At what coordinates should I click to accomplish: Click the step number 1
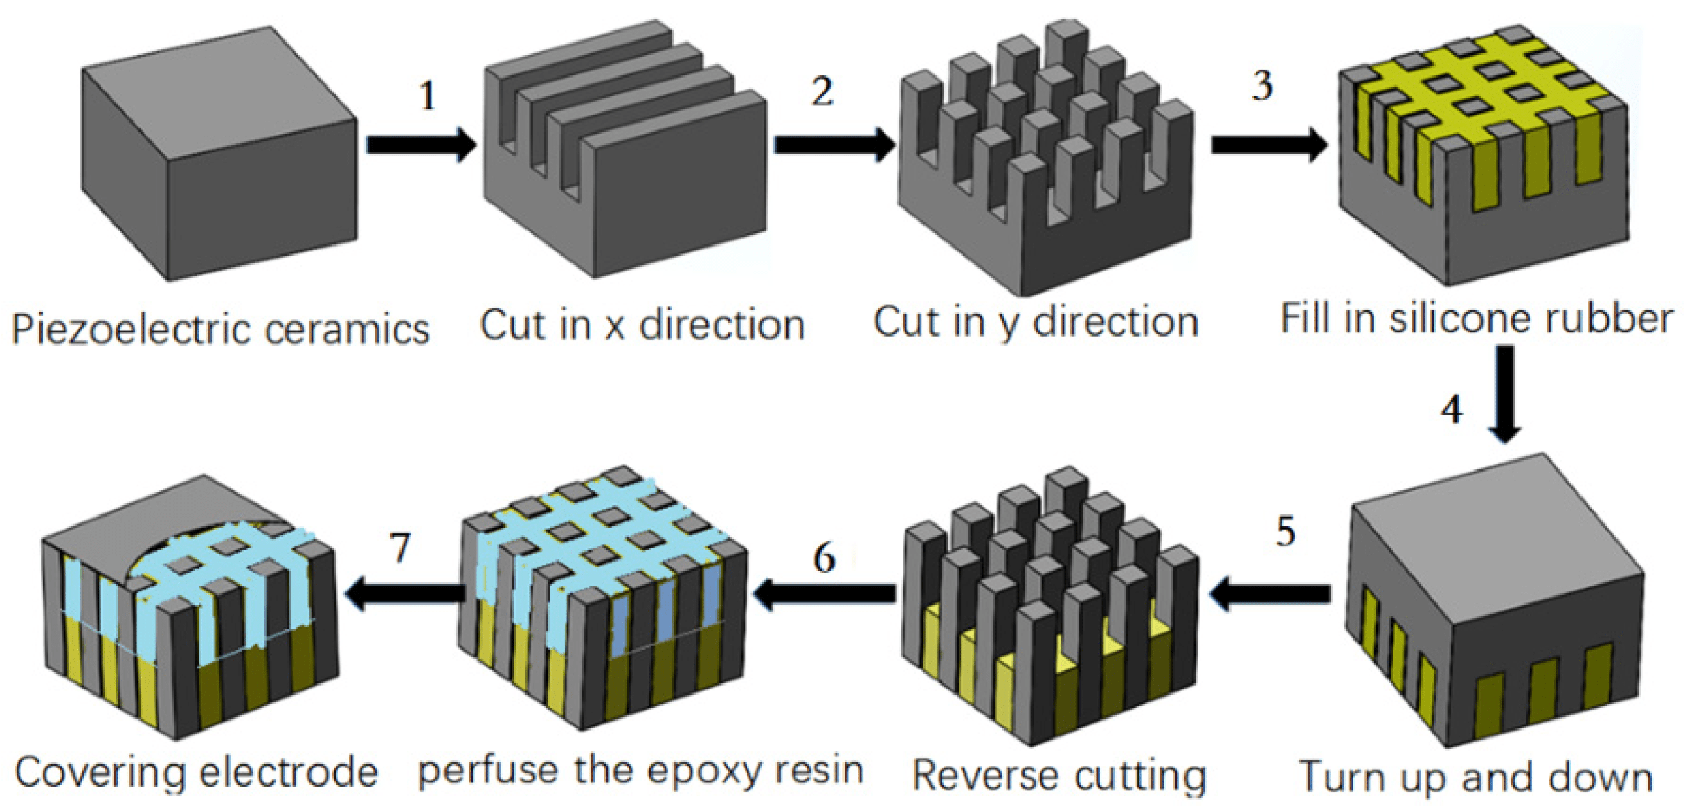point(428,96)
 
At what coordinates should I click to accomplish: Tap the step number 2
point(822,91)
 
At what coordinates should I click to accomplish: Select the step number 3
point(1262,86)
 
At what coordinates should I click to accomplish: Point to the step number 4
point(1452,409)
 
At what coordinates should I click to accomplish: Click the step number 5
point(1285,532)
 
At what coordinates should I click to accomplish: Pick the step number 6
point(824,557)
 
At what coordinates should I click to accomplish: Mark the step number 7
point(400,548)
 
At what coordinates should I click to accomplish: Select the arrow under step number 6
point(824,593)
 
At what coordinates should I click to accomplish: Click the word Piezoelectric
point(132,330)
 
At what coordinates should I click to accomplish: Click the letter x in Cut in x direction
point(614,326)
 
